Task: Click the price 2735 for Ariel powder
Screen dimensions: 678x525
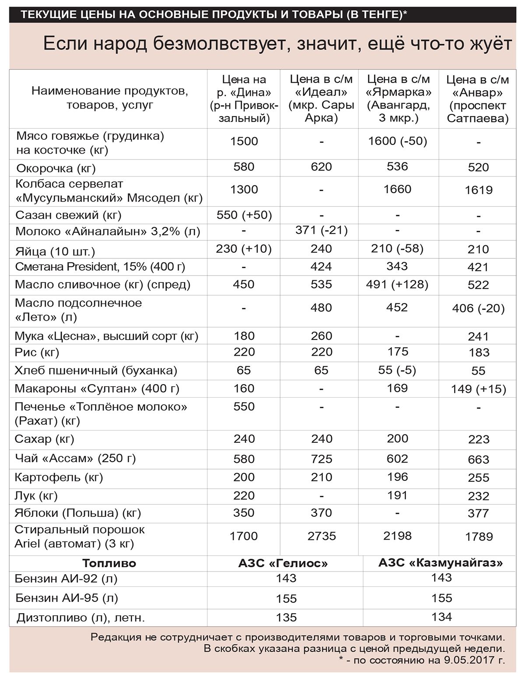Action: [x=321, y=536]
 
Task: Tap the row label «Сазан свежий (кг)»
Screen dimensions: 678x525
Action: [x=68, y=215]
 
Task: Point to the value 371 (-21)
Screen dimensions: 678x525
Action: [x=321, y=230]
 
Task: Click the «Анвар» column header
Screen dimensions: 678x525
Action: [x=478, y=99]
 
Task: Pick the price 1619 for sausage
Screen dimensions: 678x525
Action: [x=479, y=190]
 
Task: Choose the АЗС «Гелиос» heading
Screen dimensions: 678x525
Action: [x=283, y=563]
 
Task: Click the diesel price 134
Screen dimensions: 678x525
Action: [x=441, y=617]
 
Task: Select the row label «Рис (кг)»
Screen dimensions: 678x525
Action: [x=37, y=352]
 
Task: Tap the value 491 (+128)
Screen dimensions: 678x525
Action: [x=397, y=284]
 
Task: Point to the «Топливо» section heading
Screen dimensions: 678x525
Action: [x=109, y=563]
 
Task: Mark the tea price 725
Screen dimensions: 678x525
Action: [x=321, y=459]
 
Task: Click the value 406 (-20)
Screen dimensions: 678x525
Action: [x=478, y=308]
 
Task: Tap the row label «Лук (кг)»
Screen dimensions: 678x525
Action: [x=36, y=495]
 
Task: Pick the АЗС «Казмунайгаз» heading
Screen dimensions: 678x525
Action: [x=441, y=563]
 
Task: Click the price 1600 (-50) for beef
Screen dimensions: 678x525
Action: [x=397, y=141]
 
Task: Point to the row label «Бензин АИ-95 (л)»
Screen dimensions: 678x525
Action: [x=66, y=598]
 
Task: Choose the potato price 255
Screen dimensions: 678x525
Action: [x=478, y=477]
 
